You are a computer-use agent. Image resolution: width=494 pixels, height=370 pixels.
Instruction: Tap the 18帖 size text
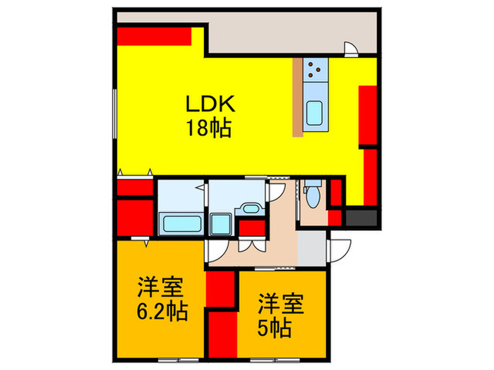[x=209, y=129]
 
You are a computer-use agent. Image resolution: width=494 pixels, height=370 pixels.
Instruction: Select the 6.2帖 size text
[x=162, y=311]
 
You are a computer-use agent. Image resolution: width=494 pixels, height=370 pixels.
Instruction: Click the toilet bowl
[x=312, y=196]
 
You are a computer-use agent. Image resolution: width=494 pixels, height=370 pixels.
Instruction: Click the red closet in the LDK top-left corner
[x=154, y=35]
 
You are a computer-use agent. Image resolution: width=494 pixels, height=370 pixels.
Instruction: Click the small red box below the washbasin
[x=249, y=228]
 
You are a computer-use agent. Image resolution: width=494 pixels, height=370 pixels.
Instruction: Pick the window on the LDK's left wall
[x=114, y=113]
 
